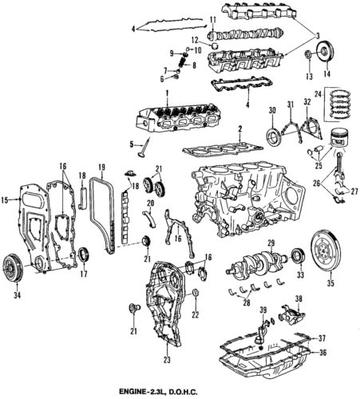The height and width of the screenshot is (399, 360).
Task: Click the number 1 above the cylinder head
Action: (166, 93)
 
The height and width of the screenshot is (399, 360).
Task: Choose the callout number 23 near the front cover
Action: (166, 349)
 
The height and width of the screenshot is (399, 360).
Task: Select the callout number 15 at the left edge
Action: (6, 199)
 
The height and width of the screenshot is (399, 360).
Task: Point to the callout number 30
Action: (271, 109)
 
